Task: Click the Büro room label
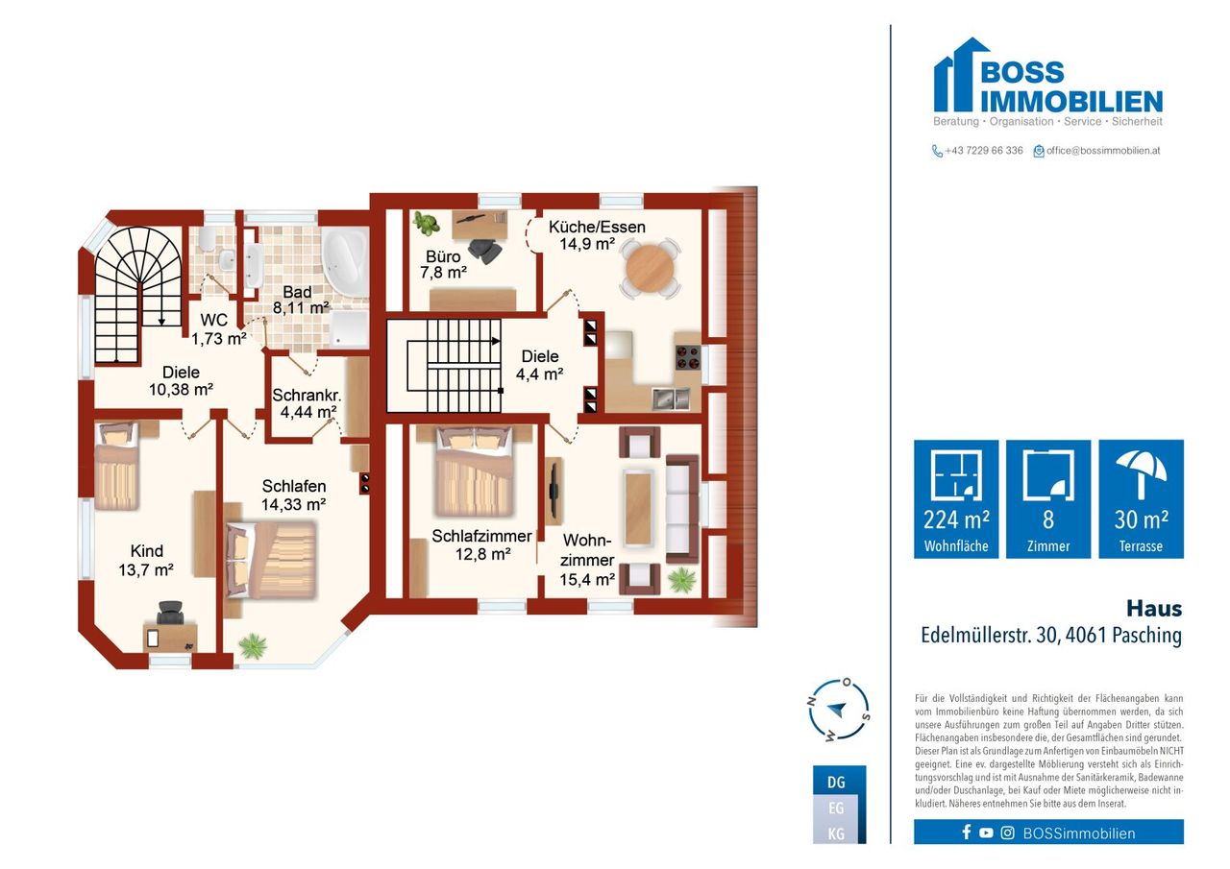tap(443, 264)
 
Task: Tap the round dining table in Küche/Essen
tap(651, 269)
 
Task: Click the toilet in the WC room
tap(207, 239)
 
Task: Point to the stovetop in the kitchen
tap(688, 357)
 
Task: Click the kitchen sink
tap(671, 398)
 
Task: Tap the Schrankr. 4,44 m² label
tap(307, 403)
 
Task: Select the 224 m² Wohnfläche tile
tap(956, 498)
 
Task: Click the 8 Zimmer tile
tap(1048, 498)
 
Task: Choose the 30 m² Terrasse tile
tap(1141, 498)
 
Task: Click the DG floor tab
tap(839, 782)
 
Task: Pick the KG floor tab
tap(839, 833)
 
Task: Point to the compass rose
tap(839, 711)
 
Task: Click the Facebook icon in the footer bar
tap(967, 833)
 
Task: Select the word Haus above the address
tap(1154, 609)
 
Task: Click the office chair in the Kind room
tap(170, 613)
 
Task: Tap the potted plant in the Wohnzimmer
tap(682, 580)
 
